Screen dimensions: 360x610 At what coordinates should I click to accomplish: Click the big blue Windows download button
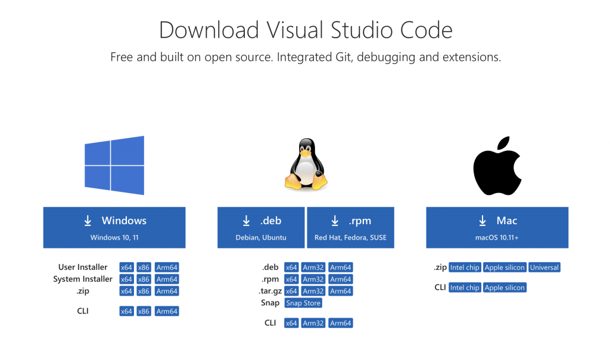(x=114, y=227)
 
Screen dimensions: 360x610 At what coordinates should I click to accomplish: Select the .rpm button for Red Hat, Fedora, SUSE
(x=350, y=227)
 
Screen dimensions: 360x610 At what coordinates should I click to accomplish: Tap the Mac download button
(x=497, y=227)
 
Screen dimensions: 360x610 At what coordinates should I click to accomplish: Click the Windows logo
(x=114, y=165)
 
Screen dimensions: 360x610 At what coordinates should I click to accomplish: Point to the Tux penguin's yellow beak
(x=305, y=153)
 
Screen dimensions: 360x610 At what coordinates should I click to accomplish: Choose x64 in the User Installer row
(x=126, y=268)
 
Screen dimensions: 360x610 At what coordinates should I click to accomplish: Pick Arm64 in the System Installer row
(x=167, y=280)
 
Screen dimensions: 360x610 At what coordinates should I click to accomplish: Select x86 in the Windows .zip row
(x=144, y=291)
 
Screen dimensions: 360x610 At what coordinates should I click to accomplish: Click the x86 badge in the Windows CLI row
(x=144, y=311)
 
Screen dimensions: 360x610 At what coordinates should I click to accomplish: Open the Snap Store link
(x=303, y=303)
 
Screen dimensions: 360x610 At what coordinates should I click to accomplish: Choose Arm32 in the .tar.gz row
(x=313, y=291)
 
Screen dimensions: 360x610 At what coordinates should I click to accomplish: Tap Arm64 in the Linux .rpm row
(x=341, y=280)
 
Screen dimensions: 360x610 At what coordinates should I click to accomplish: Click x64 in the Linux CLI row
(x=291, y=323)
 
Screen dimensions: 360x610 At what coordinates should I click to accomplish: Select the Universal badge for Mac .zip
(x=544, y=268)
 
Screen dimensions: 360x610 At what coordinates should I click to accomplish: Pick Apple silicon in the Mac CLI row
(x=505, y=288)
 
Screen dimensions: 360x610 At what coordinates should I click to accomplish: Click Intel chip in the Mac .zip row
(x=465, y=268)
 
